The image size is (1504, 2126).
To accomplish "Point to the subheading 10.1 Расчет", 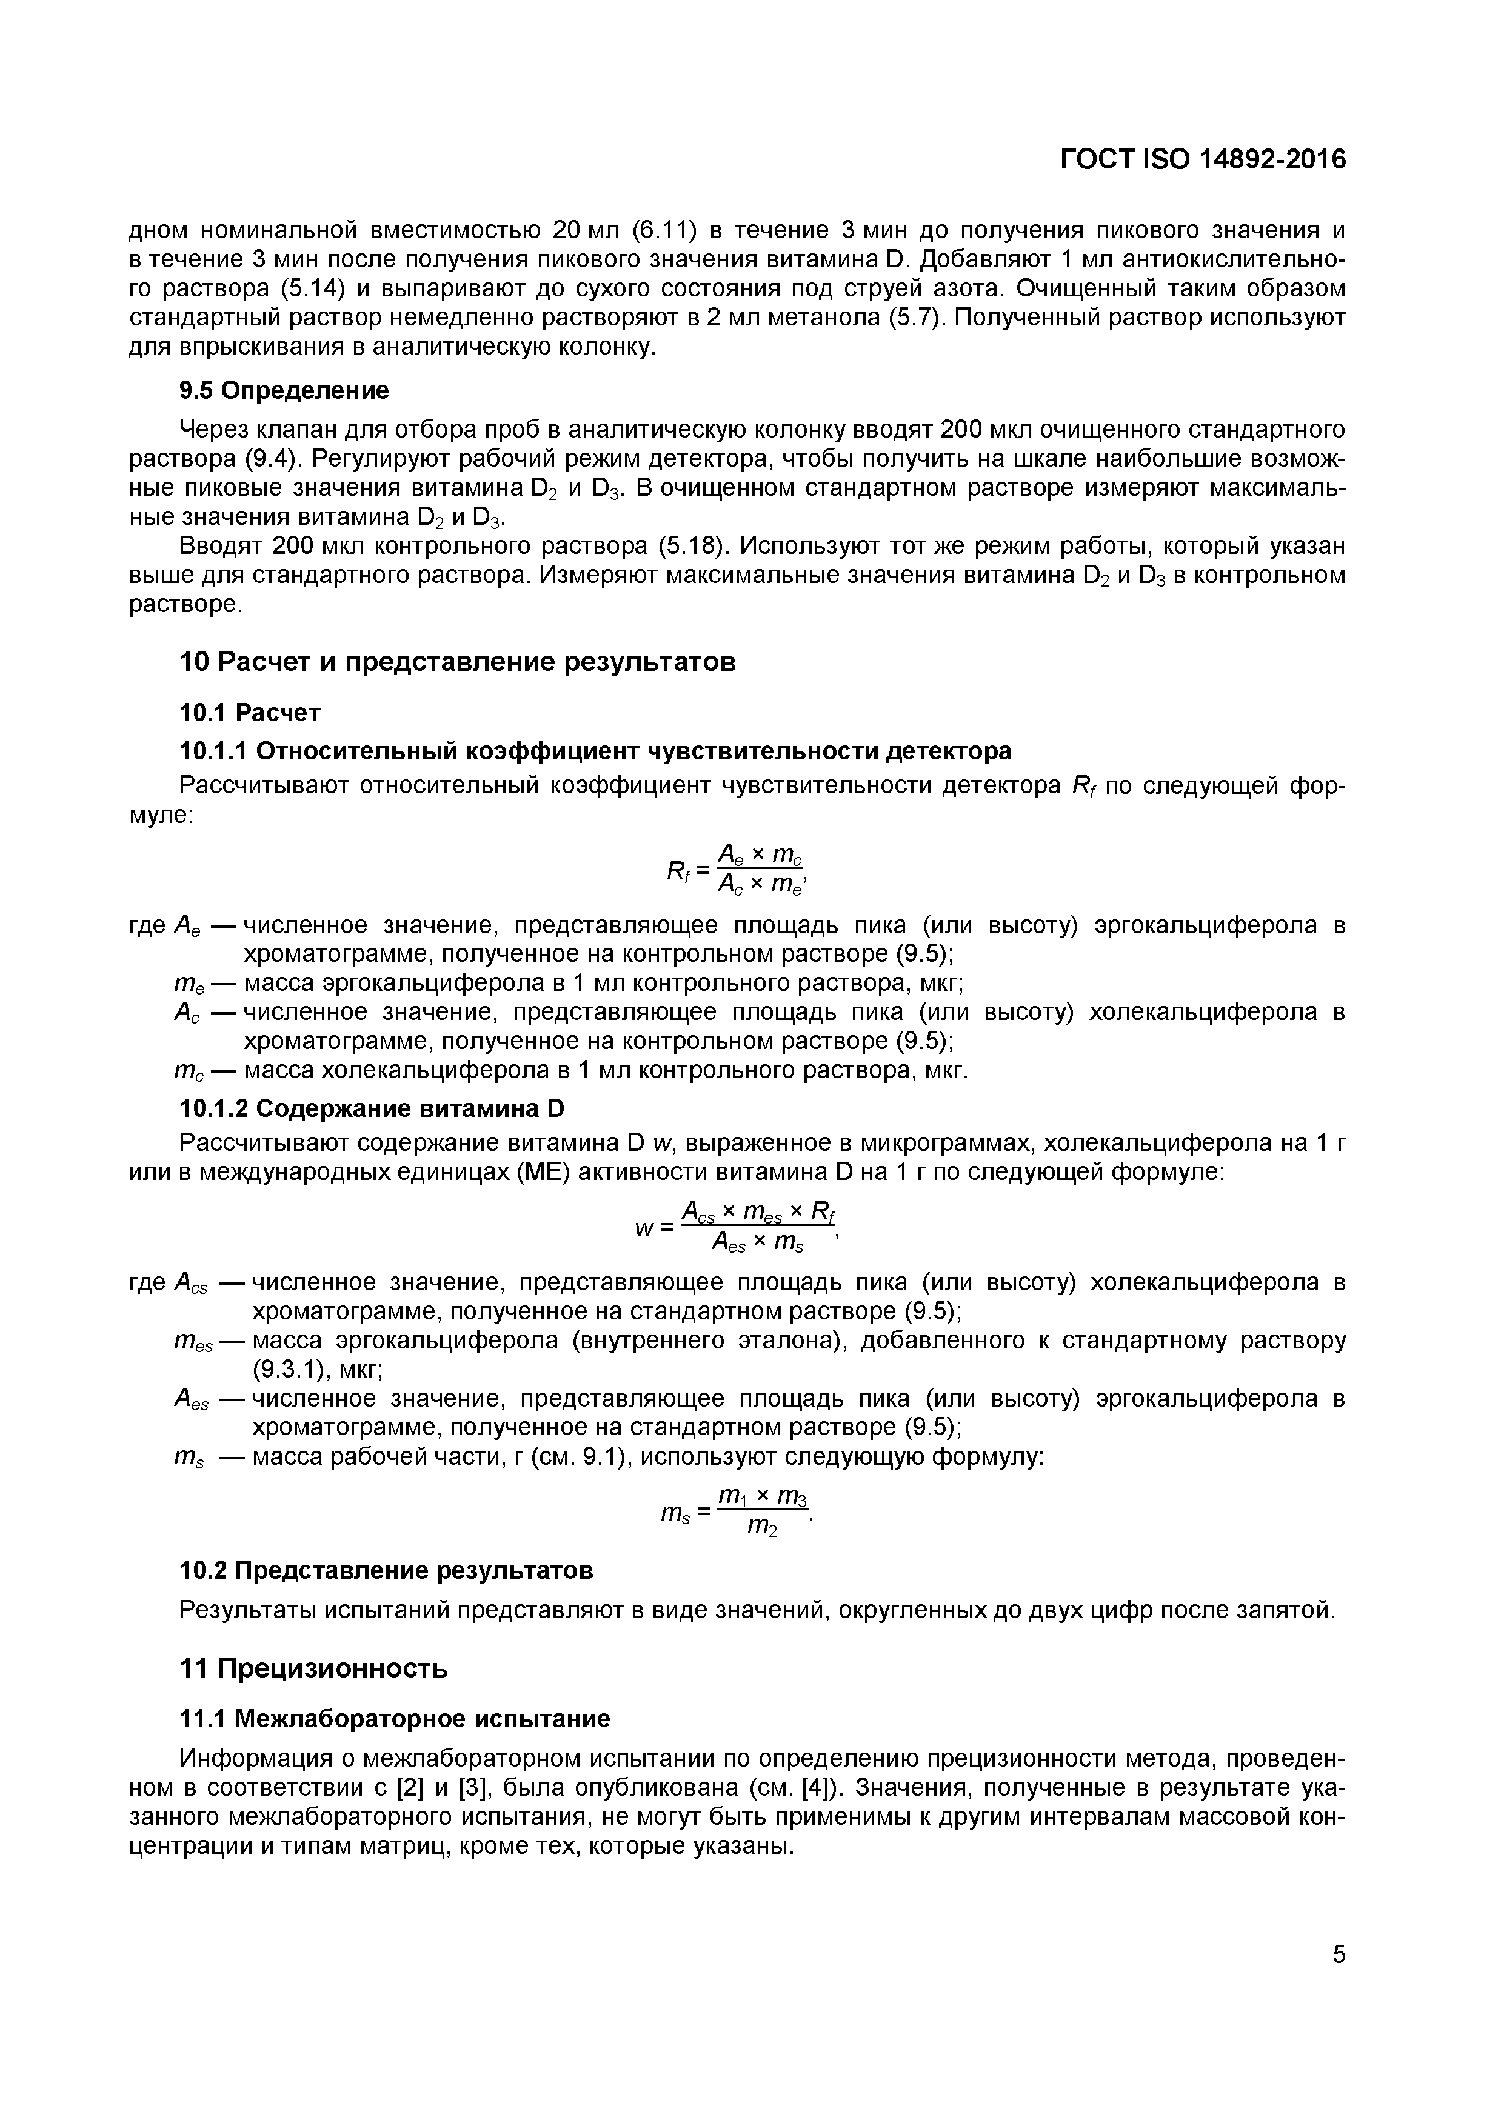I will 249,712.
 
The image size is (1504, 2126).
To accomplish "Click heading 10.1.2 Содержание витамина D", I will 370,1108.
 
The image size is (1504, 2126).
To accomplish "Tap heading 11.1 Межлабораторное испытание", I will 393,1719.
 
